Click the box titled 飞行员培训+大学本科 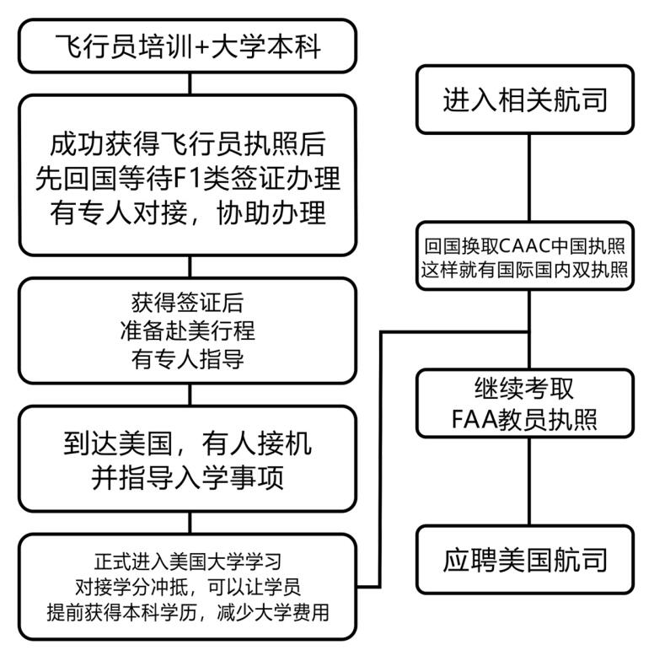click(187, 46)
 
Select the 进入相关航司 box click(525, 99)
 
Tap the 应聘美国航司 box click(525, 560)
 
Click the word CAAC click(525, 246)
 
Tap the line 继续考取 click(524, 388)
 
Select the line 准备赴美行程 click(187, 330)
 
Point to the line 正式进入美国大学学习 click(187, 562)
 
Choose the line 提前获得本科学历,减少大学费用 click(187, 612)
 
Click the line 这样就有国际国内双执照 click(524, 270)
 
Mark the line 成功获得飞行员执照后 click(187, 144)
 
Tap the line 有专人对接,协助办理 click(187, 212)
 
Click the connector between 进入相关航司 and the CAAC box click(529, 177)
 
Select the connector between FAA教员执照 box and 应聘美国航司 click(529, 481)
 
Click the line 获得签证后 click(187, 303)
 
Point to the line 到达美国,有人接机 click(187, 443)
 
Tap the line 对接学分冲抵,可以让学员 click(187, 587)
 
